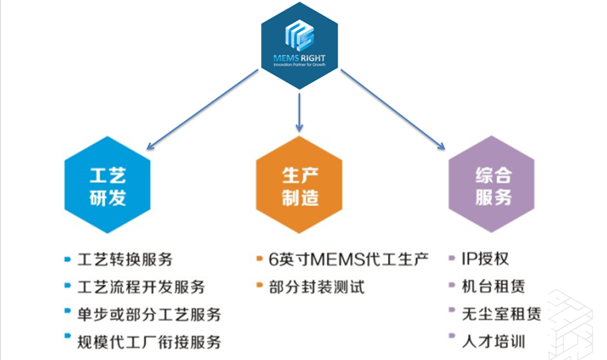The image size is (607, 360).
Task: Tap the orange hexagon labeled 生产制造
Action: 301,187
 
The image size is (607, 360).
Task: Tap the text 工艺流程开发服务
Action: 139,286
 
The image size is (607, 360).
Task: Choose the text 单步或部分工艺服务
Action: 148,314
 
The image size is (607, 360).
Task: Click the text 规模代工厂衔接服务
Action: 148,342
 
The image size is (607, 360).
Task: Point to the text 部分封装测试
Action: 316,286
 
